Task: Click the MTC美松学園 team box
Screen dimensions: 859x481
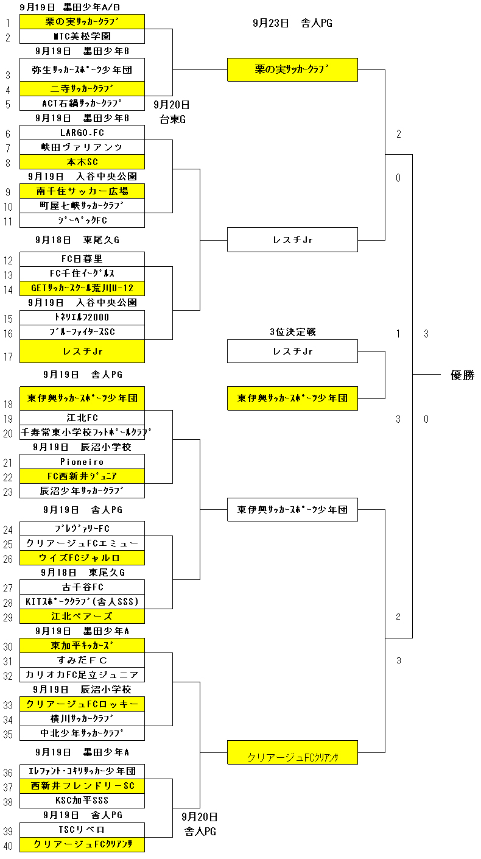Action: pyautogui.click(x=82, y=37)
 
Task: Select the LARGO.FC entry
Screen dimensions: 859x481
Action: pyautogui.click(x=82, y=133)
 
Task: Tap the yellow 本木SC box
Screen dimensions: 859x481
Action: pyautogui.click(x=82, y=162)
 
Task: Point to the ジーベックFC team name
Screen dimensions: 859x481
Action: pyautogui.click(x=82, y=221)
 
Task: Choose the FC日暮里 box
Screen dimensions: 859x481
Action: pyautogui.click(x=82, y=259)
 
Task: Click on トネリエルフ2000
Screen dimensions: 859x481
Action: pyautogui.click(x=82, y=317)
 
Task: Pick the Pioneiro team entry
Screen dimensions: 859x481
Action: pyautogui.click(x=82, y=462)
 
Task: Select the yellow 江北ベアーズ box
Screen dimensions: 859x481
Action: pyautogui.click(x=82, y=617)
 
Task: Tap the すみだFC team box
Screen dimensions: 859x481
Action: pyautogui.click(x=82, y=660)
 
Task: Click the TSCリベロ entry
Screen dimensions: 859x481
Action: pyautogui.click(x=82, y=830)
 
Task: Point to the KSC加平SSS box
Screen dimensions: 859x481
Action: pyautogui.click(x=82, y=801)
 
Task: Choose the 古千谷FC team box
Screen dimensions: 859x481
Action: pyautogui.click(x=82, y=587)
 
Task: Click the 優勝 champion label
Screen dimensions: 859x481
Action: pyautogui.click(x=462, y=375)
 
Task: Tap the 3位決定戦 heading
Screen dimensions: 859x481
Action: pyautogui.click(x=293, y=332)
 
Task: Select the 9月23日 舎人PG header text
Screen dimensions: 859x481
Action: pyautogui.click(x=292, y=23)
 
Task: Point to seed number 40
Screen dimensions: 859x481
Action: pyautogui.click(x=9, y=846)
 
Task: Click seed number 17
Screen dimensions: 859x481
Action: pyautogui.click(x=9, y=357)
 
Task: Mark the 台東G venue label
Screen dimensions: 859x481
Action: pyautogui.click(x=172, y=119)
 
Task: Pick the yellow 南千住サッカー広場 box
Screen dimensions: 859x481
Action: pyautogui.click(x=82, y=191)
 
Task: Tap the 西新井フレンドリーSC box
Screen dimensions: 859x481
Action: pyautogui.click(x=82, y=786)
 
